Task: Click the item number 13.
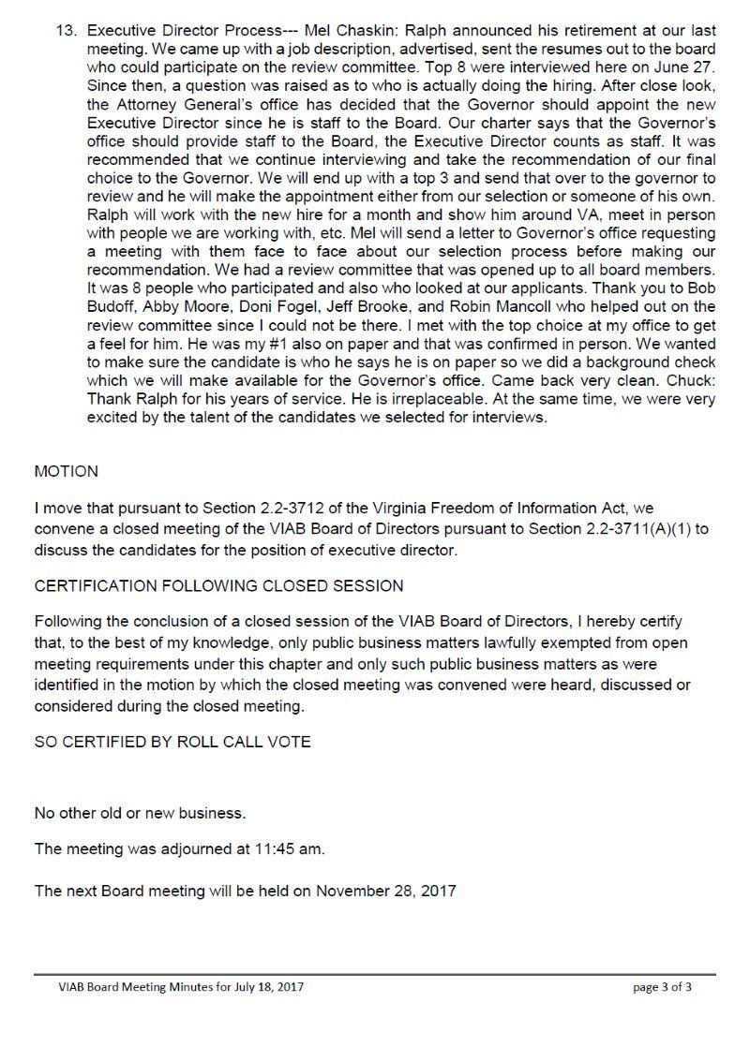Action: [x=67, y=28]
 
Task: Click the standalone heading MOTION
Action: [x=66, y=471]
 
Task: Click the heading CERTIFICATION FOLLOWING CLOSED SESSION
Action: [x=218, y=586]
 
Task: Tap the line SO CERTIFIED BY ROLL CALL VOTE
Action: [x=172, y=743]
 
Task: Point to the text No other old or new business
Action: [x=141, y=810]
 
